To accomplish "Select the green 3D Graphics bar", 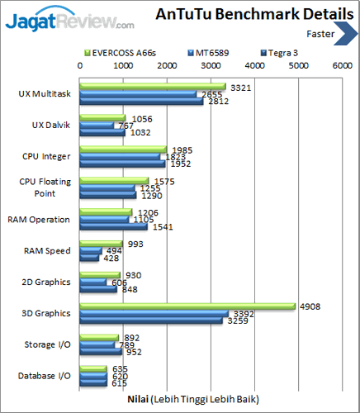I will click(x=187, y=306).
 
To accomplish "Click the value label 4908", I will click(x=310, y=306).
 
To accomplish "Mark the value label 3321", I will click(x=240, y=86).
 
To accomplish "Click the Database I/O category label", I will click(x=44, y=377).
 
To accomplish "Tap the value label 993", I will click(x=135, y=243).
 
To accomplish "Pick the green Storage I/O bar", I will click(x=98, y=337).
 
